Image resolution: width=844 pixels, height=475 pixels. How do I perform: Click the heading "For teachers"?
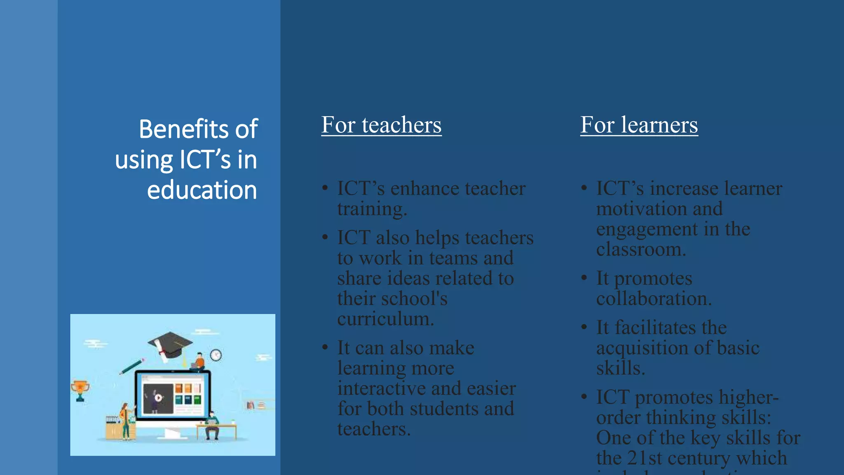click(381, 125)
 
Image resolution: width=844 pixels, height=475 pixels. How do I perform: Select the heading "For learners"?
click(639, 125)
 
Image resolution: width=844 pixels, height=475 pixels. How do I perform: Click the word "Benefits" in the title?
click(183, 129)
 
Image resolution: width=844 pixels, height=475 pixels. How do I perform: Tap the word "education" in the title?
click(202, 190)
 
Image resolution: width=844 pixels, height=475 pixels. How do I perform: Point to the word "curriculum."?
click(386, 319)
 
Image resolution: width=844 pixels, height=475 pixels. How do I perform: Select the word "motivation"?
click(640, 209)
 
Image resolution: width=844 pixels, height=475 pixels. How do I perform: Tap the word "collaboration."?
click(654, 299)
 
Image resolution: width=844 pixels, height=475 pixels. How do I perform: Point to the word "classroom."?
click(641, 249)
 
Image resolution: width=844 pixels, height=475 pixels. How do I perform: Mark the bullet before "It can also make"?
click(325, 347)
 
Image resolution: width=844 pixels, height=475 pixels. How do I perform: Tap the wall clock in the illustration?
click(216, 355)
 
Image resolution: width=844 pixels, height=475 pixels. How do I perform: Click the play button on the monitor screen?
click(158, 398)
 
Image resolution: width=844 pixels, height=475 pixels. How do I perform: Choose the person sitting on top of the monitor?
click(199, 362)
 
